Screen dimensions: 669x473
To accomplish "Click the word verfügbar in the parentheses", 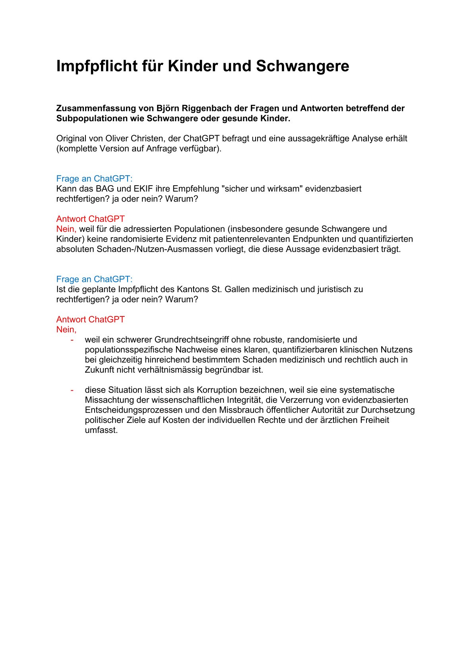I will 200,149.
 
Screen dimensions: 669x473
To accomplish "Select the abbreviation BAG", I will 105,189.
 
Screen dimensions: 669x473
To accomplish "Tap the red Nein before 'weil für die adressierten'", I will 66,229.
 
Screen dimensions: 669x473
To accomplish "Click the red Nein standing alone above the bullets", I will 66,330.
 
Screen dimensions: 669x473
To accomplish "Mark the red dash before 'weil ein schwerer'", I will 72,340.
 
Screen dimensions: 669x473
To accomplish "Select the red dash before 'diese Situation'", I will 72,390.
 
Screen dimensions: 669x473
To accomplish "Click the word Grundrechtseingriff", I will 192,340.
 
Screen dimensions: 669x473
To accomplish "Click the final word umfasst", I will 101,430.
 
